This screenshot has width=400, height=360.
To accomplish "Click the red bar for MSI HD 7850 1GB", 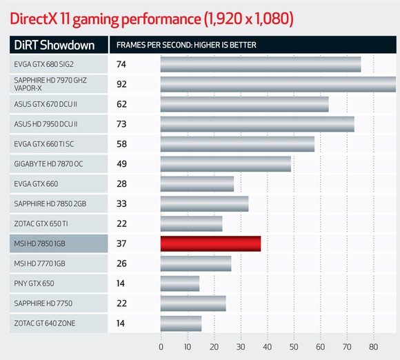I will [210, 243].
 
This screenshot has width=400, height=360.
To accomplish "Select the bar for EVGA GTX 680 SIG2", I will [261, 64].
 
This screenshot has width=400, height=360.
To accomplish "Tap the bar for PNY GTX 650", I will [180, 283].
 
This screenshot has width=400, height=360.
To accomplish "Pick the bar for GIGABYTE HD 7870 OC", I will [226, 164].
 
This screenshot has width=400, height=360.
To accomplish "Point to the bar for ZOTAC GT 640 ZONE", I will [181, 323].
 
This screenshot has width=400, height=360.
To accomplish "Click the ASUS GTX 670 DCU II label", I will [46, 105].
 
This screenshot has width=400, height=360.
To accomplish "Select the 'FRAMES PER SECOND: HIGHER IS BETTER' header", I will [186, 46].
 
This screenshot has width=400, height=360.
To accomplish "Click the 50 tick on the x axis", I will [294, 347].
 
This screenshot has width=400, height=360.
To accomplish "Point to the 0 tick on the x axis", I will [161, 347].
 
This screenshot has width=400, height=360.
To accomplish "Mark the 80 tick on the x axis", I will [373, 347].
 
